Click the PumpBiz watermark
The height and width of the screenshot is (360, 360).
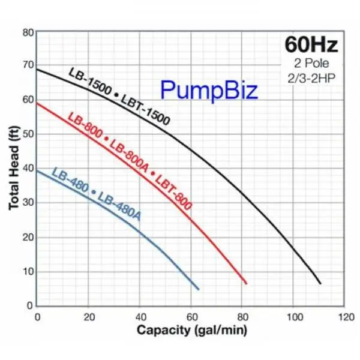point(209,91)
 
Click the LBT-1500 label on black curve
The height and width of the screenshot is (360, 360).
point(145,109)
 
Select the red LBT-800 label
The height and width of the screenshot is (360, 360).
point(173,190)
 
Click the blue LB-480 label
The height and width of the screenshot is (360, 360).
point(70,181)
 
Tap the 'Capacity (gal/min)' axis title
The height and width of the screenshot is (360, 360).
point(191,329)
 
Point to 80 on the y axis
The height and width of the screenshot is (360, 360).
point(26,31)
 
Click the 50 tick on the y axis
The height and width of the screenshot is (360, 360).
point(26,134)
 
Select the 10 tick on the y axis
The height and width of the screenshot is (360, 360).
point(26,271)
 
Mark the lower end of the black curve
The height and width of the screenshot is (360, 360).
point(320,283)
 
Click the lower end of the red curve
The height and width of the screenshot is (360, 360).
point(246,283)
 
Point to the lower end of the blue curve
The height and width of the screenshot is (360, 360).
point(198,289)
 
